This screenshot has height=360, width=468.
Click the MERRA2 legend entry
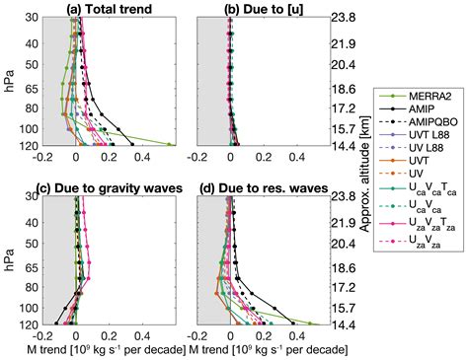pos(404,94)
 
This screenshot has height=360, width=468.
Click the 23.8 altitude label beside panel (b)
pos(342,18)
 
